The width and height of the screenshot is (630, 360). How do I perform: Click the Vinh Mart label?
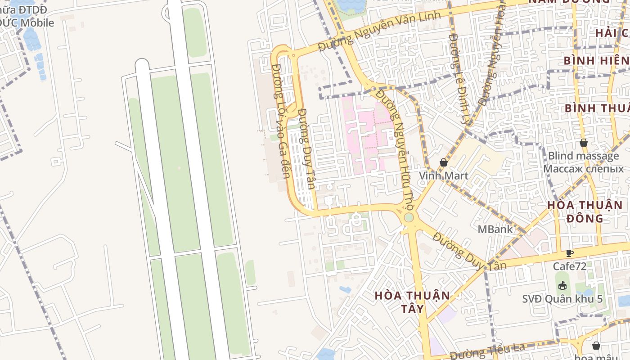(x=444, y=175)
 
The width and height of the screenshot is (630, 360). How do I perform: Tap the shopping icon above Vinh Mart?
(x=444, y=162)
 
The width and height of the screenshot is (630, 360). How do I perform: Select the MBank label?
(x=495, y=229)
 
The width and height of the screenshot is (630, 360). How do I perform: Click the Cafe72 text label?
(x=570, y=266)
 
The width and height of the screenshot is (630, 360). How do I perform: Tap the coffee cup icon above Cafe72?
(x=569, y=253)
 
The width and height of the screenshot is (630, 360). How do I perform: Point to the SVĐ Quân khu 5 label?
(x=562, y=299)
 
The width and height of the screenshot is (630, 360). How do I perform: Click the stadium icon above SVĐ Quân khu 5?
(x=562, y=285)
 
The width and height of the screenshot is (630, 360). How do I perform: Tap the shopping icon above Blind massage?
(x=584, y=143)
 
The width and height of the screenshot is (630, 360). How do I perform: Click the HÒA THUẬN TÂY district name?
(x=412, y=302)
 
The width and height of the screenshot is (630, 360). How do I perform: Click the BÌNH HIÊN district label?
(x=596, y=60)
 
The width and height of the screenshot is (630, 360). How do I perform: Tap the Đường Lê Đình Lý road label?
(x=459, y=79)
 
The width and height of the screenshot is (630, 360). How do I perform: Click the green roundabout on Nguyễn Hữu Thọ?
(x=409, y=218)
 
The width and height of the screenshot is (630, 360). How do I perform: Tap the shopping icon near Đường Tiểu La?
(x=596, y=346)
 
